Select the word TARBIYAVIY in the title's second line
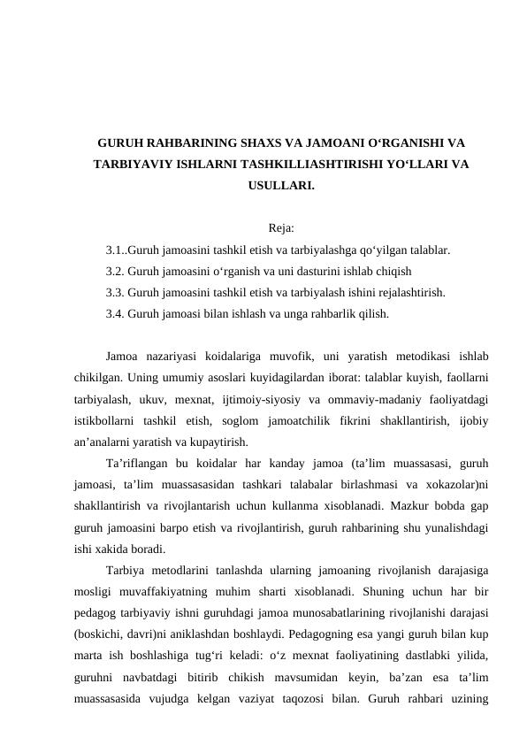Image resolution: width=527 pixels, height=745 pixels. pos(129,165)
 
